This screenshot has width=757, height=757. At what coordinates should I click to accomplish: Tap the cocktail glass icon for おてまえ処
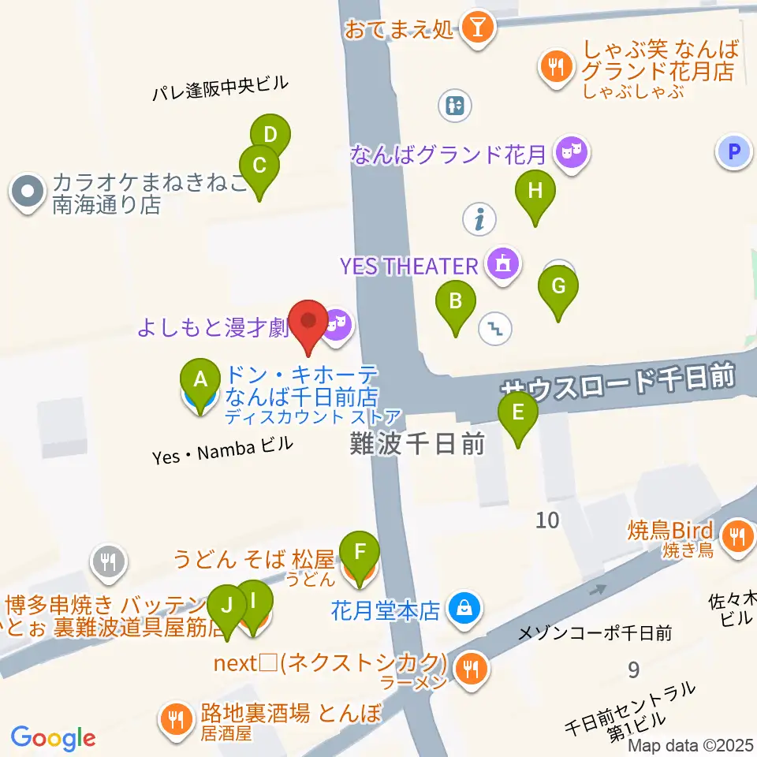coord(478,29)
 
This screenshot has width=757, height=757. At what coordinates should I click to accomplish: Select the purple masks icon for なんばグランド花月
coord(571,151)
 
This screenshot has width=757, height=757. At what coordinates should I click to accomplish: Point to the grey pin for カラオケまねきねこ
coord(28,192)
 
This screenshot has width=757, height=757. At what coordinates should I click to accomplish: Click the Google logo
coord(53,737)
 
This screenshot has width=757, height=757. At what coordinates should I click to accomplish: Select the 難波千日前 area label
coord(416,446)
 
